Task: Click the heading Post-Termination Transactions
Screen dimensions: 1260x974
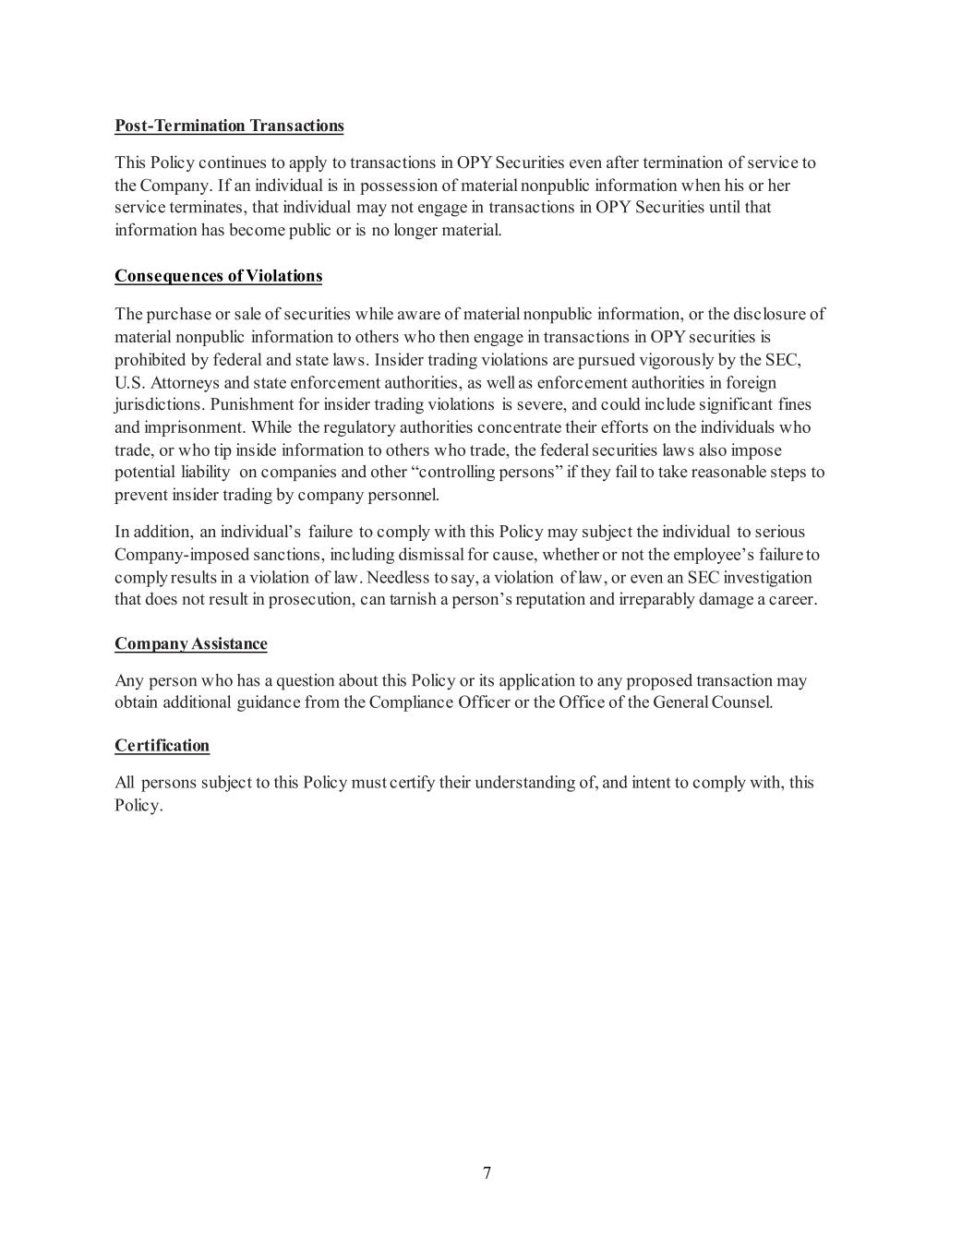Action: pos(229,126)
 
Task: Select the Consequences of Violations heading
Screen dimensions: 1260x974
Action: pos(218,276)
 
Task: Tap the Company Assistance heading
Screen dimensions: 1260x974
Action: pos(191,643)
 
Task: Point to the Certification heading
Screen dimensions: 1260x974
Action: pos(162,745)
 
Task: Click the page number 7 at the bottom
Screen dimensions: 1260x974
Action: pos(487,1173)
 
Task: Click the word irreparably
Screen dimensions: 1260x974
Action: pos(667,599)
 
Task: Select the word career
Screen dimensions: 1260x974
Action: pos(793,599)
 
